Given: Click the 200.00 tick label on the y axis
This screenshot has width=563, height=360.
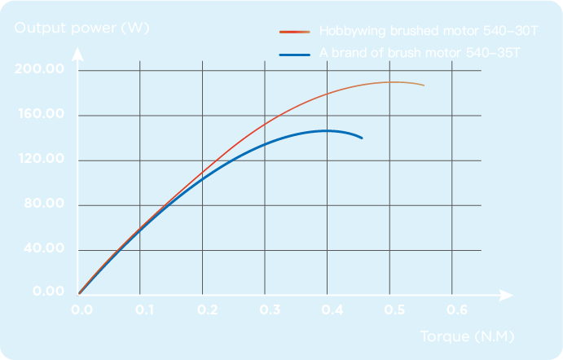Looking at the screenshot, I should click(x=39, y=69).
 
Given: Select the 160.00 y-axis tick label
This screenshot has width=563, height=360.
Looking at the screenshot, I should click(x=39, y=114).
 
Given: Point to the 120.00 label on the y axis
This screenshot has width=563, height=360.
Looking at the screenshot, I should click(x=39, y=159).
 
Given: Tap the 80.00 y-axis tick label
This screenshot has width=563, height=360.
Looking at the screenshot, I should click(x=42, y=204).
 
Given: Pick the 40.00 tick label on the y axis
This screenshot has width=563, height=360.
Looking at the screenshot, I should click(x=42, y=248).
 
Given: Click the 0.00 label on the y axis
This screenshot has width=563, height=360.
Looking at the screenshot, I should click(x=46, y=292).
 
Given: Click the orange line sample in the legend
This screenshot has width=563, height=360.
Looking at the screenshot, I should click(x=295, y=32).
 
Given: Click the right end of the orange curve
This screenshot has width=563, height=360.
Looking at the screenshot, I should click(x=424, y=85).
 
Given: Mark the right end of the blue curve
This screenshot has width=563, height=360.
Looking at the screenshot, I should click(x=362, y=138).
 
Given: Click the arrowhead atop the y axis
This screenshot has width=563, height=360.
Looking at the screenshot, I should click(x=78, y=55).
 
